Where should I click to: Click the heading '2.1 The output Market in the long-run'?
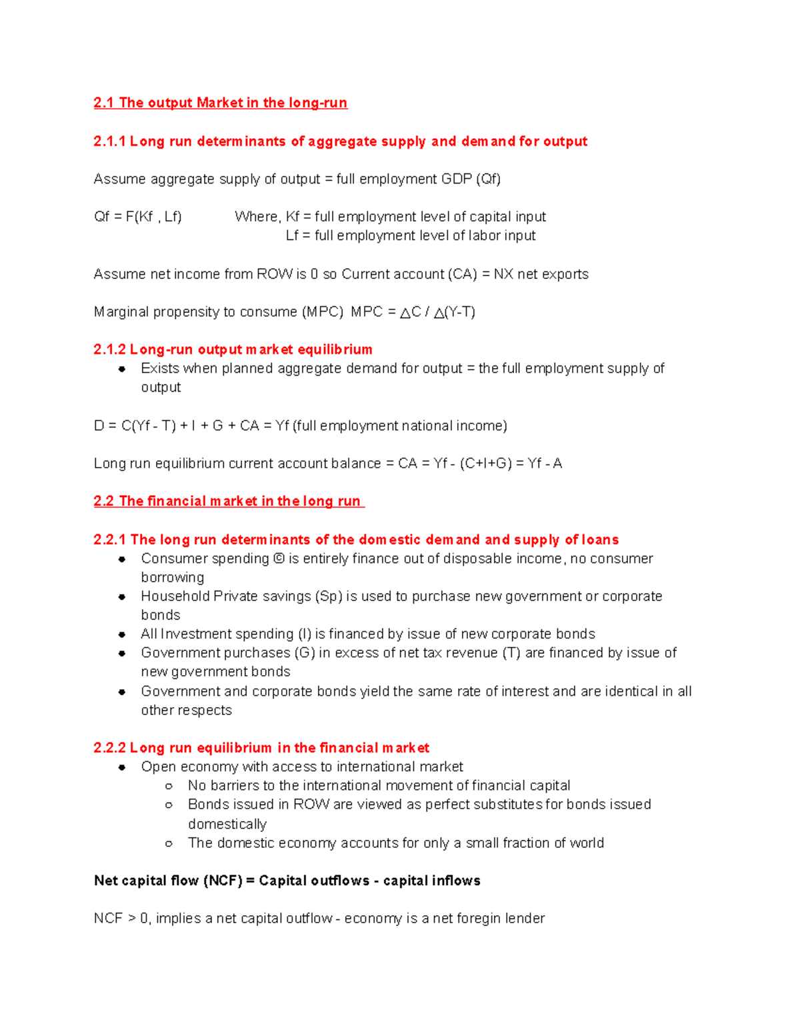coord(220,103)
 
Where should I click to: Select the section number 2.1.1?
coord(109,141)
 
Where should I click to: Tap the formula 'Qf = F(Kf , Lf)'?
coord(138,217)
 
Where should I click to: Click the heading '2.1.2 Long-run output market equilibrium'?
coord(233,350)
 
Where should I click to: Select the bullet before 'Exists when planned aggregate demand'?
coord(122,369)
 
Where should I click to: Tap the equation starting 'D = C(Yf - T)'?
coord(300,426)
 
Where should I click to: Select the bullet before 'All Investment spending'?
coord(122,634)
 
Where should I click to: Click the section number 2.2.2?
coord(109,748)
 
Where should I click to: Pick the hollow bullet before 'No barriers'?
coord(169,786)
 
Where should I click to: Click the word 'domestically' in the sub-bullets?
coord(227,824)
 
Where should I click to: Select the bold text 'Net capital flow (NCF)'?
coord(168,881)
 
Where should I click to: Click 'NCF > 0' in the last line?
coord(121,919)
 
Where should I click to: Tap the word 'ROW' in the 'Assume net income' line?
coord(275,274)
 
